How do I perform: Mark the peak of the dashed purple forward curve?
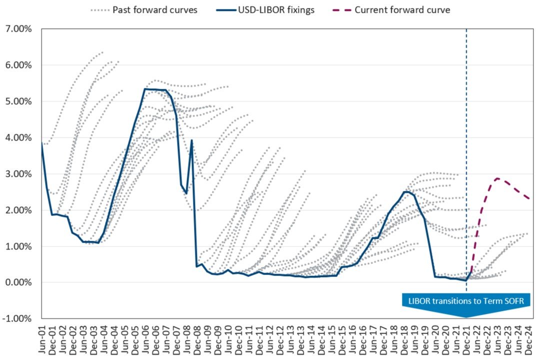(x=497, y=178)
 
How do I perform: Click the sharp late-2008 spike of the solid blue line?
(x=191, y=140)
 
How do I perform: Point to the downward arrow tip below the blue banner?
(x=466, y=317)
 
